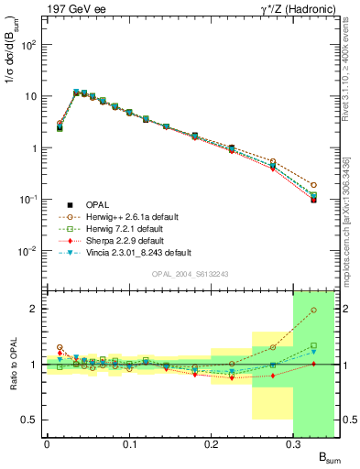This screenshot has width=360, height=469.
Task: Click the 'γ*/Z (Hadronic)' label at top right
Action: pyautogui.click(x=294, y=8)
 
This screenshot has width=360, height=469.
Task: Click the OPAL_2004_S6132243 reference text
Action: pyautogui.click(x=190, y=274)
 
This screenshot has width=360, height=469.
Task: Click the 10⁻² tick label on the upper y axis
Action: pyautogui.click(x=27, y=251)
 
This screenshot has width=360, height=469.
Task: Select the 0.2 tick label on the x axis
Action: pyautogui.click(x=211, y=442)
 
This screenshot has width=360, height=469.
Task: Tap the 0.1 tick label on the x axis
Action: pyautogui.click(x=128, y=442)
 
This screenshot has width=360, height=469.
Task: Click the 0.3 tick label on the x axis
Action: pyautogui.click(x=293, y=442)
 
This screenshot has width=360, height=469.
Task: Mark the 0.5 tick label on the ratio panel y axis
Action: pyautogui.click(x=30, y=420)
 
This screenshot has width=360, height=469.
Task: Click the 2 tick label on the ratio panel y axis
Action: pyautogui.click(x=35, y=309)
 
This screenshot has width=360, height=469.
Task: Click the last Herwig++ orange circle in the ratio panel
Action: pyautogui.click(x=313, y=310)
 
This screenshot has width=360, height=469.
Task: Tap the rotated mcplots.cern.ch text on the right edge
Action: pyautogui.click(x=353, y=174)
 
